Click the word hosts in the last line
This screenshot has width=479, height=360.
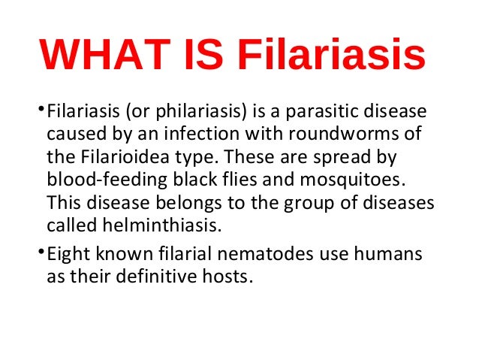pyautogui.click(x=227, y=277)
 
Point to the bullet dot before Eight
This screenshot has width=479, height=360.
pyautogui.click(x=40, y=252)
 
